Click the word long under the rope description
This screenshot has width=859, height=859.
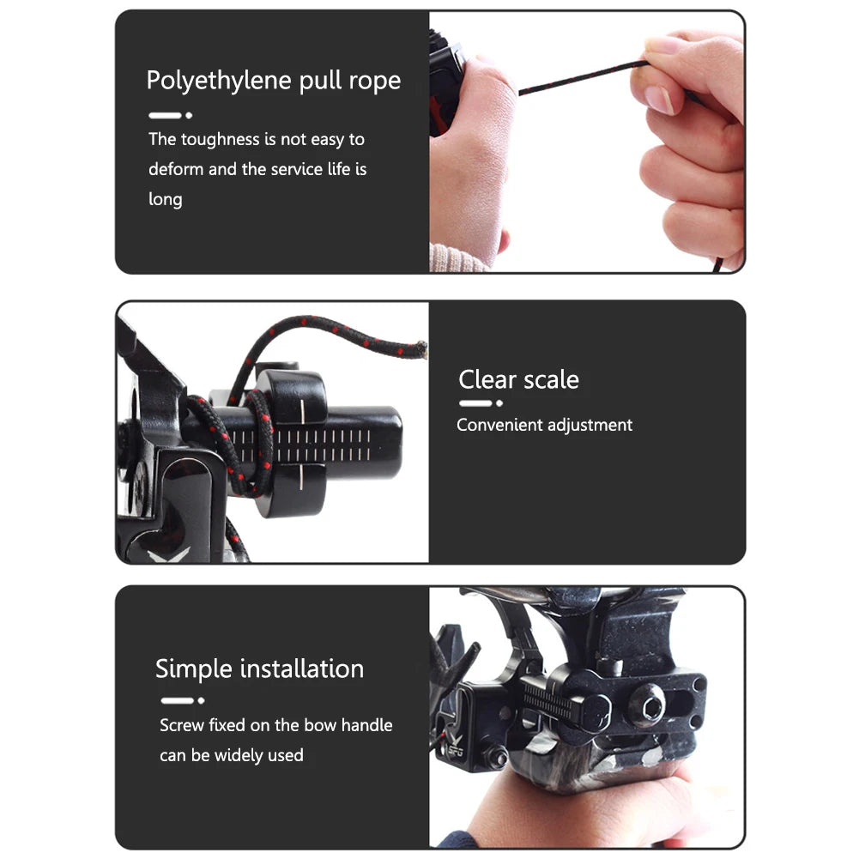pos(166,199)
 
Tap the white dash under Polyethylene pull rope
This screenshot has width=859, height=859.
pos(165,115)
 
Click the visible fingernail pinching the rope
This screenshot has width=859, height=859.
pos(659,100)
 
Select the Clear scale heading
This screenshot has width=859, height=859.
pos(518,379)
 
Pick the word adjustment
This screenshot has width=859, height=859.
pos(590,425)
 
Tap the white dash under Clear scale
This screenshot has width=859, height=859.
pos(475,403)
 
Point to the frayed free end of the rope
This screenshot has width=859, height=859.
pos(420,348)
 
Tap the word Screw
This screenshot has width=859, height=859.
pos(182,725)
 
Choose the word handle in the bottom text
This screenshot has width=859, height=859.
pos(366,725)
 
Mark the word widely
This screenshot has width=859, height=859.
pos(236,755)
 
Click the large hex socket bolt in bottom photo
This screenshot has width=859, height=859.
pos(647,705)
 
